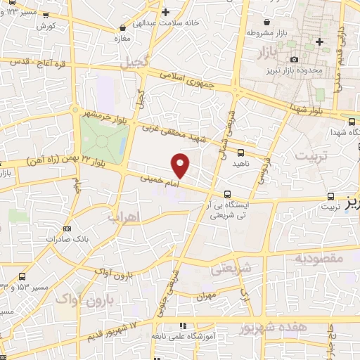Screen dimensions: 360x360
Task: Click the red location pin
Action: click(181, 165)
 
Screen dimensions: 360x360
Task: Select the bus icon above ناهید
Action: click(241, 152)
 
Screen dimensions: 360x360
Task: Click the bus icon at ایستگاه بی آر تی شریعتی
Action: click(226, 195)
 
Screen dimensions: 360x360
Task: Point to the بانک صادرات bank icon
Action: click(67, 229)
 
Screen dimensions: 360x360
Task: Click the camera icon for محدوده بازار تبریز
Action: click(295, 59)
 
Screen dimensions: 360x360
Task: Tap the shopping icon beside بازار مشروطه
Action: click(268, 21)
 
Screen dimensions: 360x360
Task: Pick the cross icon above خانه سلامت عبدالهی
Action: click(165, 12)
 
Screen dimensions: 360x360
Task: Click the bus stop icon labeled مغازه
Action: click(122, 28)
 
